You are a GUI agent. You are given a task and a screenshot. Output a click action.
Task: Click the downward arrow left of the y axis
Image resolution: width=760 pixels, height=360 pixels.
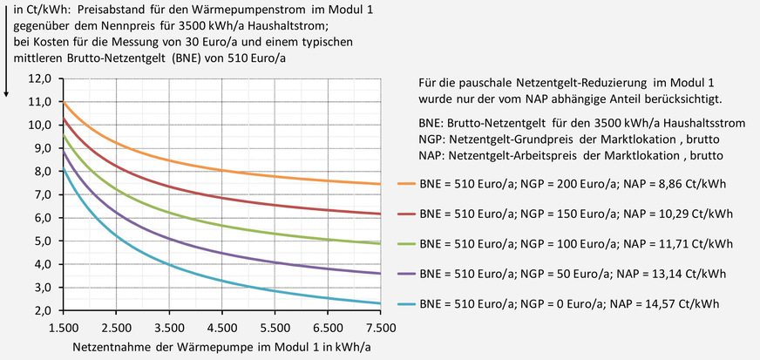(7, 52)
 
